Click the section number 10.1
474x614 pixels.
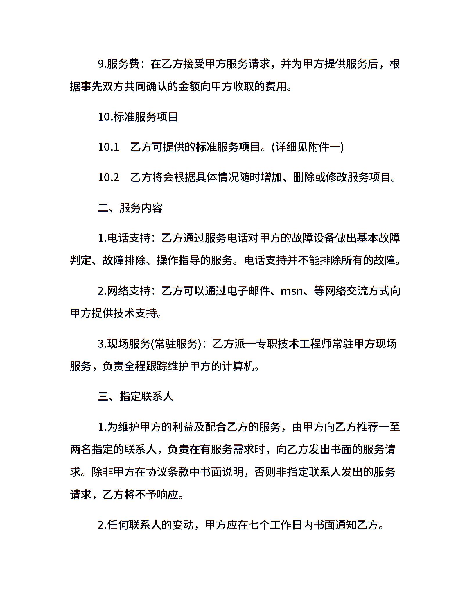108,147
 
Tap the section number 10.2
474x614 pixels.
108,177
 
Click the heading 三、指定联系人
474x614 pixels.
136,397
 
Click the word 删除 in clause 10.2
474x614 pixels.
304,177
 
